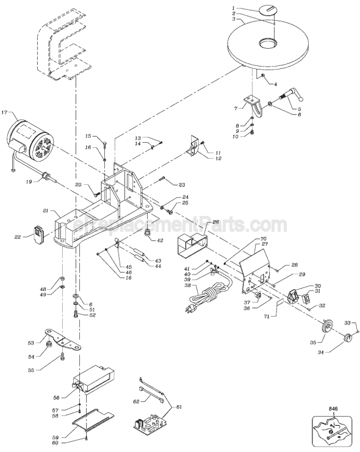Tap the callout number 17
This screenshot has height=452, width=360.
point(4,113)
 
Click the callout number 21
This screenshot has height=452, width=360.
point(45,210)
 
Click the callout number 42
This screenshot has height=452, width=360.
point(160,240)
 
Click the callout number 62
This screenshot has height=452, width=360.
point(136,401)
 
